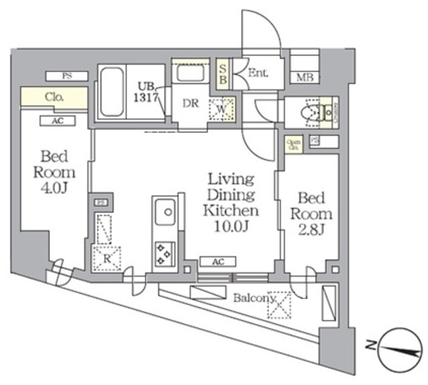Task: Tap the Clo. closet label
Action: (x=54, y=97)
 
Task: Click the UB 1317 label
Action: (x=146, y=90)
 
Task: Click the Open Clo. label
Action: (x=293, y=144)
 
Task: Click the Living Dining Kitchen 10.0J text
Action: (x=231, y=204)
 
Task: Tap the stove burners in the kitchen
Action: (x=163, y=252)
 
